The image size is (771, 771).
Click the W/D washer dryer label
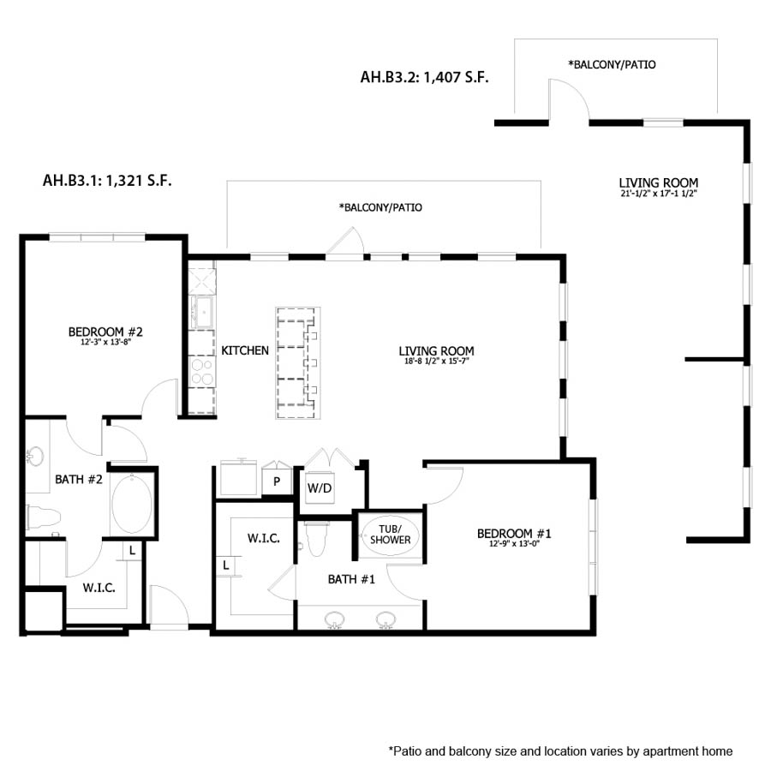[x=319, y=487]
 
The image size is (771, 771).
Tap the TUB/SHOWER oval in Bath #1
[x=390, y=534]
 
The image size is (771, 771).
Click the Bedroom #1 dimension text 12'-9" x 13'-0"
[x=514, y=545]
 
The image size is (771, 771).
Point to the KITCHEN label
[x=245, y=350]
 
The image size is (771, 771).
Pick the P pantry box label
[x=277, y=481]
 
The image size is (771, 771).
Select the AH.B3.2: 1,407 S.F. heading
[x=424, y=77]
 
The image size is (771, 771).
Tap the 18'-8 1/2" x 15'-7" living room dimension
[x=436, y=362]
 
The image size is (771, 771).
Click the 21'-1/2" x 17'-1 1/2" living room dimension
[x=658, y=194]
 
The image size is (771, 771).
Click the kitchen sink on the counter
[x=203, y=310]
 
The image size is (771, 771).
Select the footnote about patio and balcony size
[x=560, y=751]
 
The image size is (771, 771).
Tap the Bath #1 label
[x=351, y=580]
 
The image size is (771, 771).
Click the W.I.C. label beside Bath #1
[x=260, y=538]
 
